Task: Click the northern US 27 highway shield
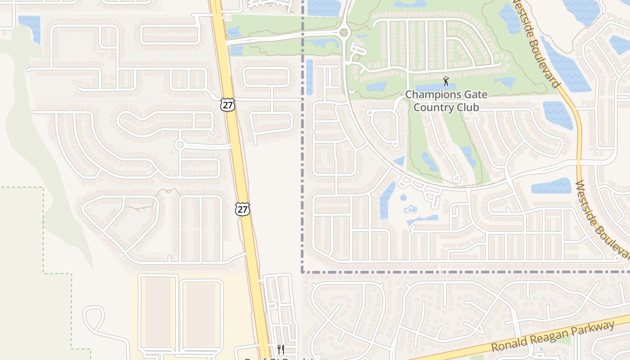pos(228,105)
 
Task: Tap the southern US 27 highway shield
pos(242,209)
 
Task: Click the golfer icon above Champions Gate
pos(446,81)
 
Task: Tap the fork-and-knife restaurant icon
pos(280,350)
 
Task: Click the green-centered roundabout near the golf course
pos(344,32)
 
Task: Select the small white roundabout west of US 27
pos(180,144)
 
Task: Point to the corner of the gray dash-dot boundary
pos(302,272)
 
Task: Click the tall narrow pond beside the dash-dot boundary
pos(310,77)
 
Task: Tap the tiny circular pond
pos(403,198)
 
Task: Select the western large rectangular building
pos(158,311)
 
